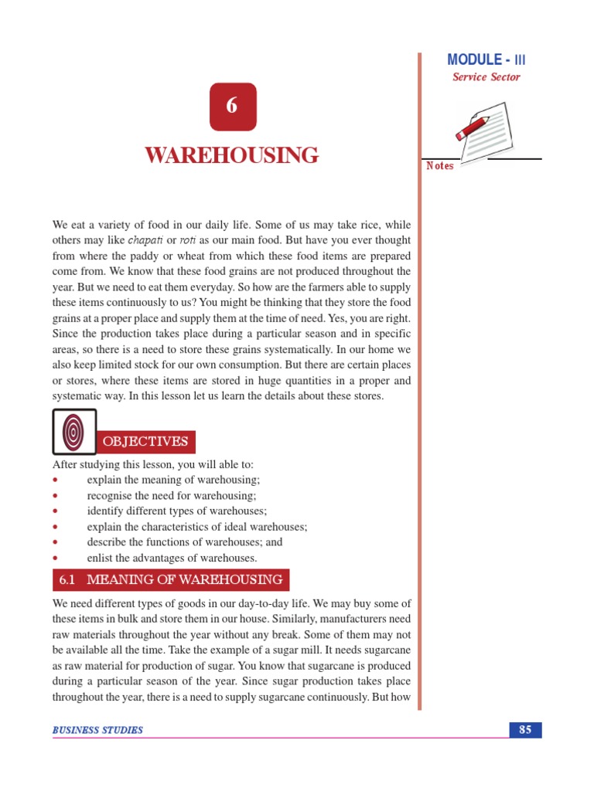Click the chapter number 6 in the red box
click(x=232, y=107)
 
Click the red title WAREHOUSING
click(x=232, y=155)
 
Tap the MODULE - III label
click(x=487, y=59)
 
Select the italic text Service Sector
click(x=486, y=77)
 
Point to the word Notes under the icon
click(x=440, y=166)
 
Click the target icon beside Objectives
click(x=74, y=431)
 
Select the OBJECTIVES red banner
click(x=146, y=442)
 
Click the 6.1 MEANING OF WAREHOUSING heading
click(x=171, y=579)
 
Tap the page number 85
click(x=525, y=729)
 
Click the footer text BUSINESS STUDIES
click(x=97, y=730)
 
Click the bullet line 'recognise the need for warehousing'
click(x=171, y=496)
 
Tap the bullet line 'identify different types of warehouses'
click(x=177, y=511)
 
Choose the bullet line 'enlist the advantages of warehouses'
click(x=172, y=558)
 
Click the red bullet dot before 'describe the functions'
click(x=56, y=542)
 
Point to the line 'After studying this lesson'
click(x=152, y=465)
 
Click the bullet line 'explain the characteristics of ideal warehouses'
click(x=197, y=527)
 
